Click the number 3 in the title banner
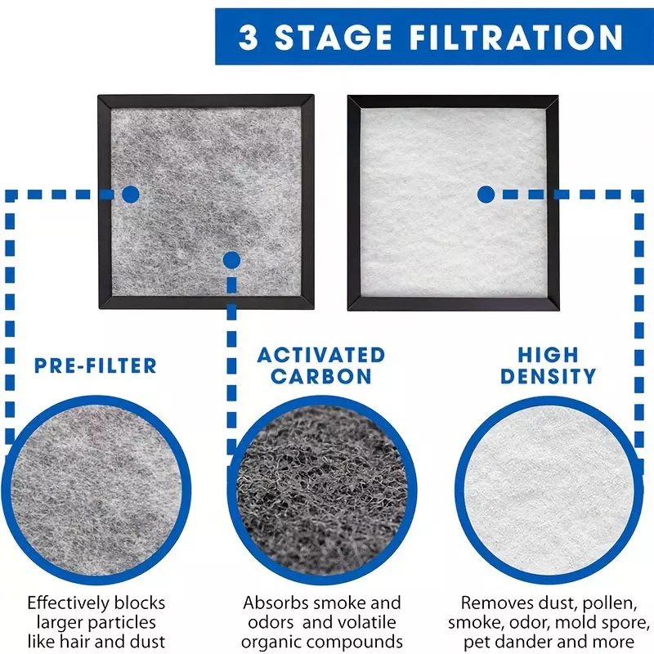point(249,37)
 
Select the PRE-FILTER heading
point(96,365)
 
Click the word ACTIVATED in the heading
point(321,356)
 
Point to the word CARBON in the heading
point(321,376)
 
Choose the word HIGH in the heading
point(549,356)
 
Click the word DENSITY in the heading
point(549,376)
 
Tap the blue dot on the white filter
point(486,195)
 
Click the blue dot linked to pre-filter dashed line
point(131,195)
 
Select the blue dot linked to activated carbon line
point(232,260)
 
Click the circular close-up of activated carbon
point(322,490)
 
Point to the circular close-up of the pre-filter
point(96,490)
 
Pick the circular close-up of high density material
point(549,490)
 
